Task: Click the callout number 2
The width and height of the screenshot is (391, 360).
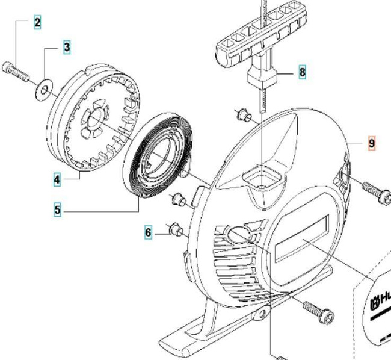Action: click(x=38, y=23)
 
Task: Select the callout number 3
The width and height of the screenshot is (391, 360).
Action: click(x=67, y=47)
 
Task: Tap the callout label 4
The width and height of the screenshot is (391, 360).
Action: click(x=57, y=179)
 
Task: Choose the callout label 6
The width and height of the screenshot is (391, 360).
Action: click(x=148, y=232)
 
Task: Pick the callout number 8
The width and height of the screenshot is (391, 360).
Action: click(x=302, y=73)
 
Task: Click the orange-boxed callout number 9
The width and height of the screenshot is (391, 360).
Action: click(x=371, y=143)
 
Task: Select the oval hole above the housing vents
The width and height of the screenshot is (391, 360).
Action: click(x=239, y=235)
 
